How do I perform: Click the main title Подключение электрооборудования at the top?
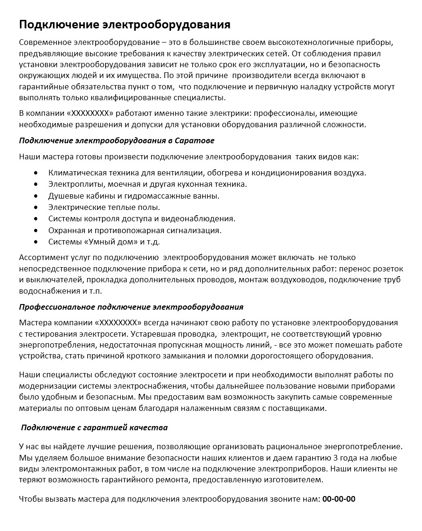point(125,24)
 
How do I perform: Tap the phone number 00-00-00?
point(339,499)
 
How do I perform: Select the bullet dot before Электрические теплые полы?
point(36,207)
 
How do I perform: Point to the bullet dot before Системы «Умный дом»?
point(36,242)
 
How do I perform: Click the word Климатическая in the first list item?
point(74,173)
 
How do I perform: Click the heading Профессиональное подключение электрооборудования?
point(131,307)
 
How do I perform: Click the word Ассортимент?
point(42,258)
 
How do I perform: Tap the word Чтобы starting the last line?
point(30,499)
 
